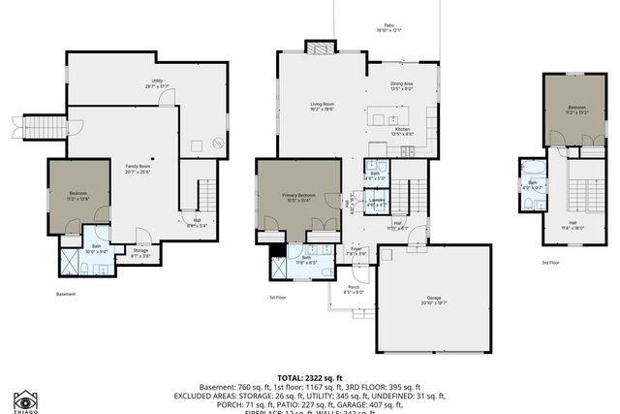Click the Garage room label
tap(434, 300)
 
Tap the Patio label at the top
tap(388, 28)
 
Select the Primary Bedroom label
tap(296, 198)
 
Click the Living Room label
tap(323, 105)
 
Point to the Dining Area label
tap(402, 85)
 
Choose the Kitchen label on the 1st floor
tap(402, 131)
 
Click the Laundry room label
tap(378, 202)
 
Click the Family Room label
tap(137, 169)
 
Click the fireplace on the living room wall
tap(319, 47)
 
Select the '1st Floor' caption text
tap(278, 298)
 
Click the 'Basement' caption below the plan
tap(65, 294)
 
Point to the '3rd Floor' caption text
tap(550, 262)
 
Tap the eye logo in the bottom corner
tap(26, 400)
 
